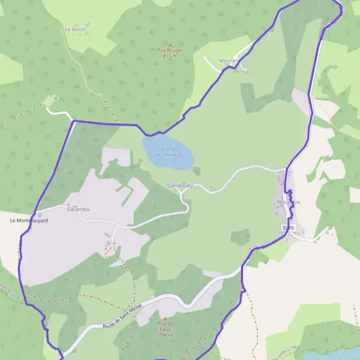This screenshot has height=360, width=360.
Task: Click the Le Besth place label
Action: [x=75, y=28]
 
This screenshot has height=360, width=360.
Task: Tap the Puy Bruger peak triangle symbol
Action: [x=170, y=45]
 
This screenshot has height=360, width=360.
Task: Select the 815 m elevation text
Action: [x=170, y=56]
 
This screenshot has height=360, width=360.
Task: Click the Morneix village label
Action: [x=229, y=61]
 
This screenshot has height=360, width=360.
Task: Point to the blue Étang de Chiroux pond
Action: [x=168, y=153]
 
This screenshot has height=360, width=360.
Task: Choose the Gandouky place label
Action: [x=180, y=186]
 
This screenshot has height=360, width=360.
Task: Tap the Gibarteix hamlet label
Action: [x=78, y=209]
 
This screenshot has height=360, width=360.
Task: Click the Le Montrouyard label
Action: [x=28, y=221]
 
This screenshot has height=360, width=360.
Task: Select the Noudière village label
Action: [x=289, y=202]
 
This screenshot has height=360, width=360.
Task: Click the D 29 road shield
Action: [x=289, y=228]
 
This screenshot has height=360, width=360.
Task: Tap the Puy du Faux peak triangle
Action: [x=165, y=317]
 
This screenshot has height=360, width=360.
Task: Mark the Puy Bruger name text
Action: [x=170, y=51]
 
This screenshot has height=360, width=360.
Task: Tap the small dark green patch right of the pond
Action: [x=196, y=171]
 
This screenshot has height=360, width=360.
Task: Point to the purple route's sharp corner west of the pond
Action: [x=73, y=121]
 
